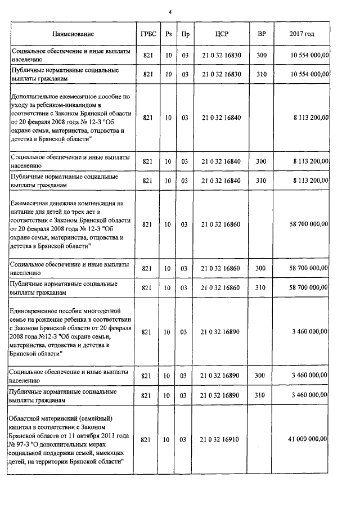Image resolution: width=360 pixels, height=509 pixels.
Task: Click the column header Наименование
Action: tap(73, 34)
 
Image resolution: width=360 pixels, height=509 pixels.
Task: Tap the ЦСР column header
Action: tap(221, 34)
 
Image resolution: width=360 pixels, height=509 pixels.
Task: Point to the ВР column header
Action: tap(261, 34)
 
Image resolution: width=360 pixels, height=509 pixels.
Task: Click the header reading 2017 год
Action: tap(301, 34)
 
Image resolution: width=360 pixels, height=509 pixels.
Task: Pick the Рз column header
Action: tap(168, 34)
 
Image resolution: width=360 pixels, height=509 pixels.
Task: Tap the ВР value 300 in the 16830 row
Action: tap(261, 55)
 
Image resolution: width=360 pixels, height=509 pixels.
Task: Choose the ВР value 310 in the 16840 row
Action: tap(261, 181)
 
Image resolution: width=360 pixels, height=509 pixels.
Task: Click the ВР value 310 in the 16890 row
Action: tap(261, 395)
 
